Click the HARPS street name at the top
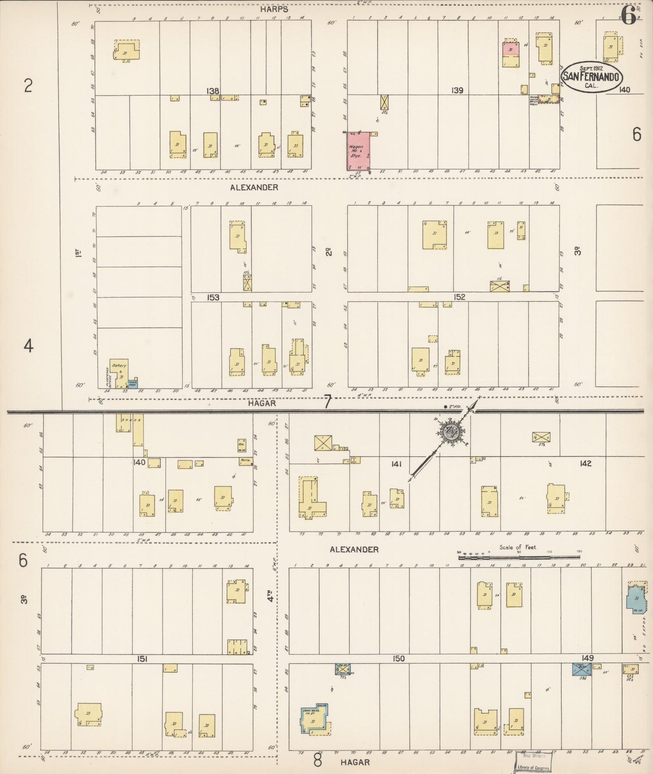(274, 9)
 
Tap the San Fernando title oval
(591, 76)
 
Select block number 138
(213, 91)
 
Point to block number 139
(457, 90)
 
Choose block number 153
(213, 298)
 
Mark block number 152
(460, 297)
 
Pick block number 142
(585, 463)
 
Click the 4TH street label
(271, 599)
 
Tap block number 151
(142, 659)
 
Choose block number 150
(399, 659)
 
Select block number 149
(587, 658)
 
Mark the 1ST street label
(78, 253)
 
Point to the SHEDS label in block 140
(132, 420)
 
